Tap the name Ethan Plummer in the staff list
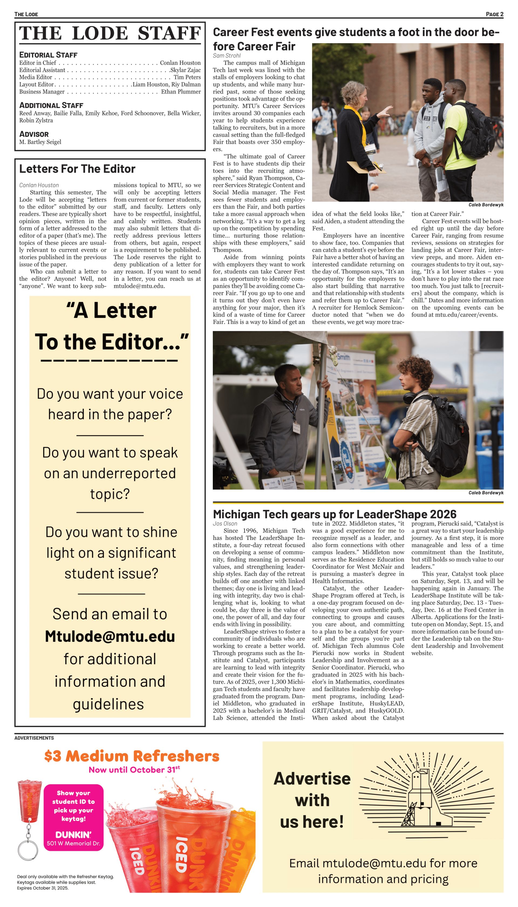coord(181,92)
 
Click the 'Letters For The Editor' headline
coord(77,169)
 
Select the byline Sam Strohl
coord(227,56)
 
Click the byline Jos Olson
coord(225,524)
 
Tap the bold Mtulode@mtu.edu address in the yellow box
coord(110,637)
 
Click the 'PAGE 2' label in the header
coord(494,14)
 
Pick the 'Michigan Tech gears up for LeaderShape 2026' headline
coord(335,514)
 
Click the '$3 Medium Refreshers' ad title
coord(132,756)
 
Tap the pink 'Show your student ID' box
coord(74,818)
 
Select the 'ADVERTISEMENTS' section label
coord(34,738)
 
